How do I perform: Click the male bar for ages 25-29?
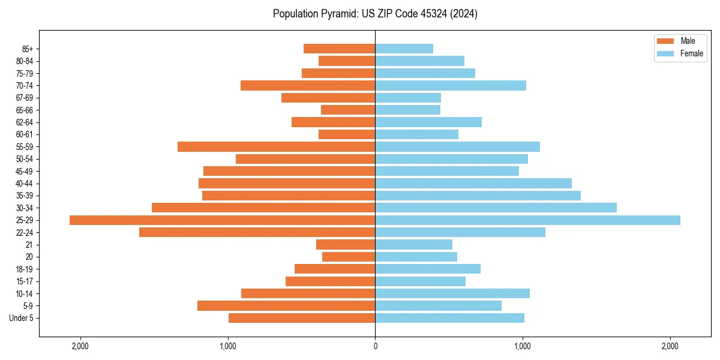tap(222, 220)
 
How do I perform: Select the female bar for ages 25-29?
tap(527, 220)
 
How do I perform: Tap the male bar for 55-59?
tap(276, 147)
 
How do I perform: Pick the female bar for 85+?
tap(404, 49)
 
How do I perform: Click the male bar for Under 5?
tap(302, 318)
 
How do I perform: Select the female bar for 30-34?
tap(496, 208)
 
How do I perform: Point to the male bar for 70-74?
tap(308, 86)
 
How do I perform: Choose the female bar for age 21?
tap(413, 245)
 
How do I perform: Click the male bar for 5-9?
tap(286, 306)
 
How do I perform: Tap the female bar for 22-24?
tap(460, 232)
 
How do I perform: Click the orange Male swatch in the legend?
tap(665, 41)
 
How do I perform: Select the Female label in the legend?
tap(691, 54)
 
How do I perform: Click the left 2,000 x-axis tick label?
tap(80, 346)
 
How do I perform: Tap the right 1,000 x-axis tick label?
tap(523, 346)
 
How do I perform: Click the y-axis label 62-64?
tap(25, 122)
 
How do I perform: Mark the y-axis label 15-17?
tap(25, 281)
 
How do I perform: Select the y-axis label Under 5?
tap(21, 318)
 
